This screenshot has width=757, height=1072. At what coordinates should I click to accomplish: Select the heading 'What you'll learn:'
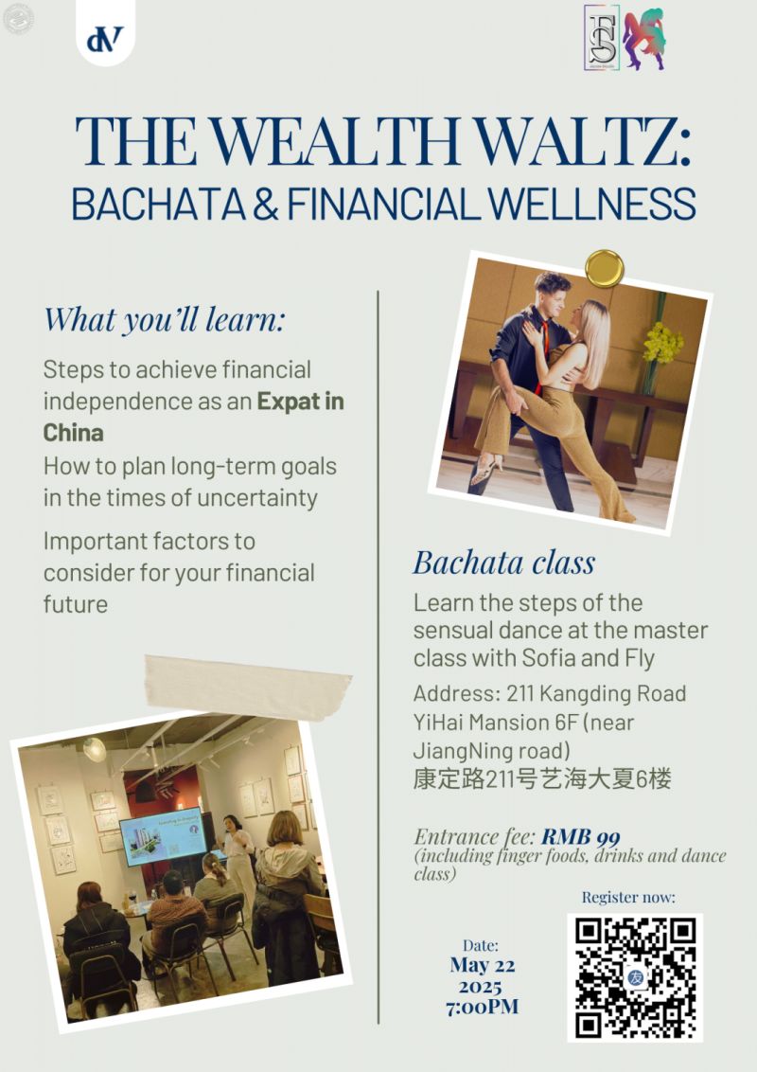point(164,319)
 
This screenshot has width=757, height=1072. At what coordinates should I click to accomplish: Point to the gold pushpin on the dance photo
point(603,267)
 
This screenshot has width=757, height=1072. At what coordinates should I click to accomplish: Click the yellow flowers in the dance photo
point(662,343)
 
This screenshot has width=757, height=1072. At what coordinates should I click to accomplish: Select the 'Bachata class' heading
point(503,562)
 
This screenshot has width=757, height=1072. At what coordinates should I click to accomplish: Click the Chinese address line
point(542,779)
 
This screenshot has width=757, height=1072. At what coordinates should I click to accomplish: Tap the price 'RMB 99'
point(581,836)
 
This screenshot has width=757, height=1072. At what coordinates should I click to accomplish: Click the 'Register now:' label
point(628,897)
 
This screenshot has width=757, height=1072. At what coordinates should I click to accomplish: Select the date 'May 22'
point(482,965)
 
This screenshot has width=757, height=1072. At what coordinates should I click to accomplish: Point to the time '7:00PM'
point(482,1007)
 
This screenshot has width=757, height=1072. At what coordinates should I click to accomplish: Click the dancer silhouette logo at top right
point(644,39)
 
